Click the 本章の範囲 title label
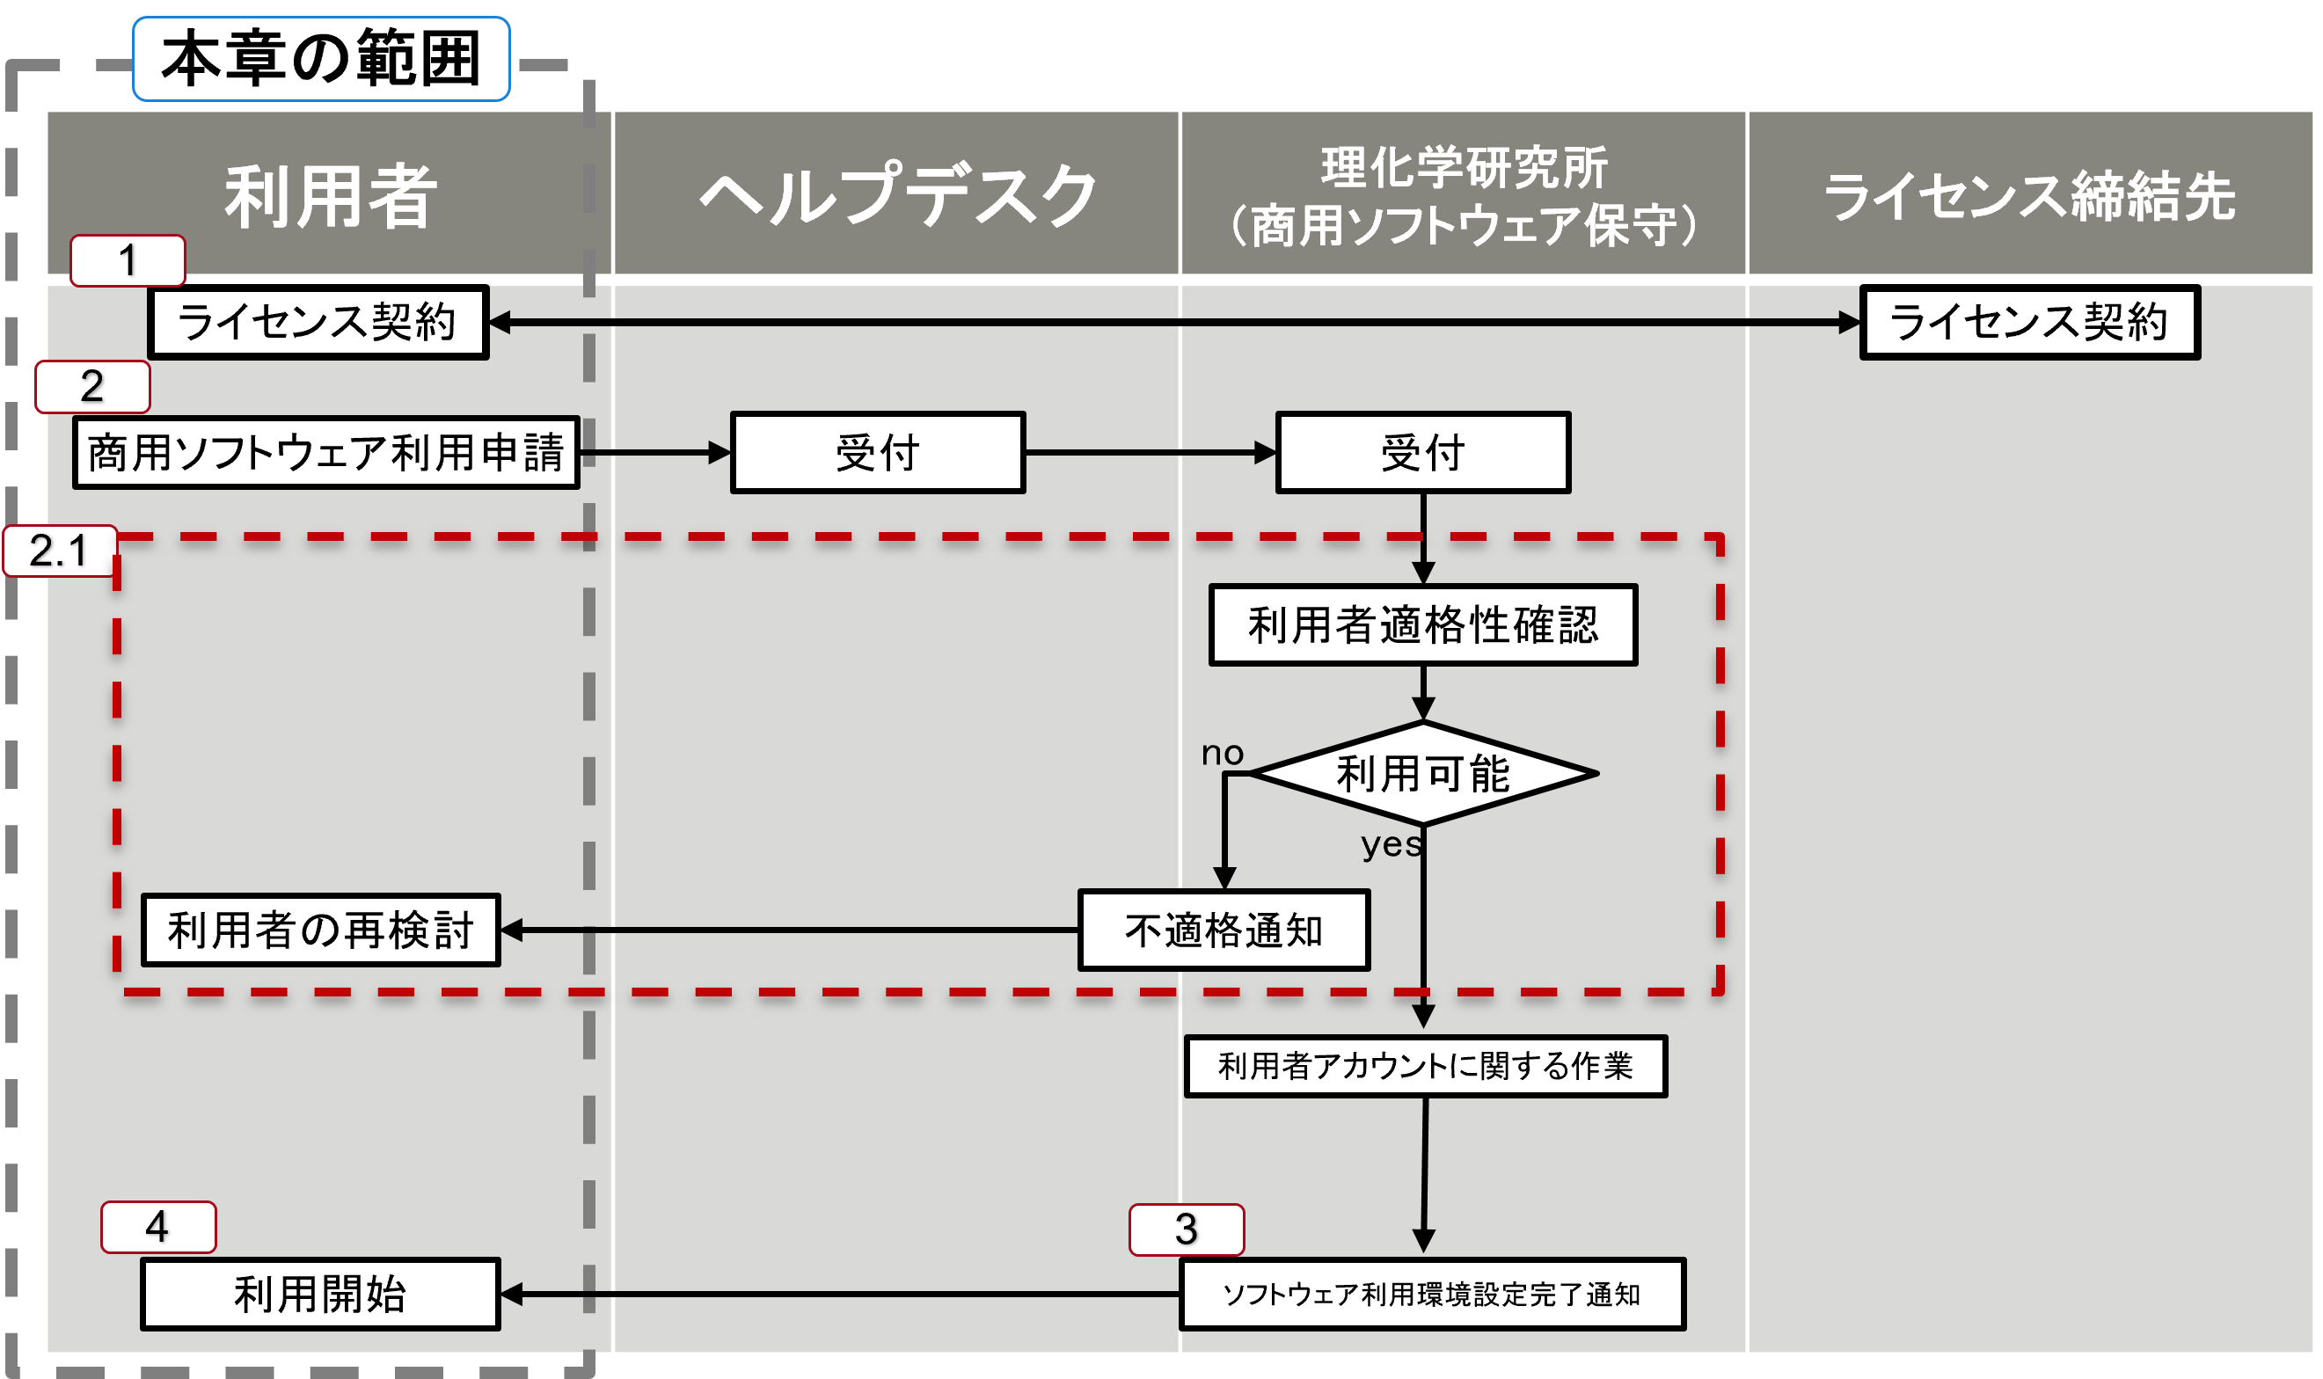pyautogui.click(x=320, y=59)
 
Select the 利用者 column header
pyautogui.click(x=330, y=195)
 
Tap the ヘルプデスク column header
pyautogui.click(x=896, y=195)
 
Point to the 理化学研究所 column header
pyautogui.click(x=1464, y=195)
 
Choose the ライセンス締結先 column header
pyautogui.click(x=2030, y=195)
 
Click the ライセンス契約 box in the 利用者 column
pyautogui.click(x=318, y=323)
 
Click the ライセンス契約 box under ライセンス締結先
pyautogui.click(x=2029, y=323)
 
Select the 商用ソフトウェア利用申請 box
pyautogui.click(x=326, y=453)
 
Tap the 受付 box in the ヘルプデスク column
pyautogui.click(x=877, y=453)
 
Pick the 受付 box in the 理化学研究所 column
pyautogui.click(x=1422, y=453)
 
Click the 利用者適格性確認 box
pyautogui.click(x=1422, y=624)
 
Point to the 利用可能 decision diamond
pyautogui.click(x=1422, y=773)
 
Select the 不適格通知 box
pyautogui.click(x=1224, y=930)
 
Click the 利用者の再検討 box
pyautogui.click(x=320, y=930)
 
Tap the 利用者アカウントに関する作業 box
pyautogui.click(x=1426, y=1066)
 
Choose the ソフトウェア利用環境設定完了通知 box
pyautogui.click(x=1432, y=1295)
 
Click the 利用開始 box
pyautogui.click(x=320, y=1295)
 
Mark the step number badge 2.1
pyautogui.click(x=60, y=551)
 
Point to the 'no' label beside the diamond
pyautogui.click(x=1222, y=753)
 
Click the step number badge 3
pyautogui.click(x=1187, y=1229)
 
